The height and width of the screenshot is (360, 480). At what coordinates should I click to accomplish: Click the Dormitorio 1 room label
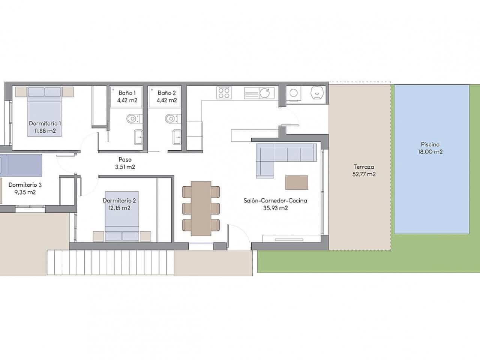[45, 123]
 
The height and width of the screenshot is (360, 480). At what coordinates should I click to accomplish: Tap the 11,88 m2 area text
[45, 131]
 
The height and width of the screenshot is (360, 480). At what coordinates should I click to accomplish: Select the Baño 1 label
[125, 93]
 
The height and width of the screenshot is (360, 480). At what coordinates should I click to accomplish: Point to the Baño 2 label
[167, 93]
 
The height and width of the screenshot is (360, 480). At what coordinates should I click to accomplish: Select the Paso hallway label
[125, 159]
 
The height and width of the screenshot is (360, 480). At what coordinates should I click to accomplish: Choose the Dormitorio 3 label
[25, 184]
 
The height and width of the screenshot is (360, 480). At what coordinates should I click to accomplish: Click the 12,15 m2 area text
[119, 208]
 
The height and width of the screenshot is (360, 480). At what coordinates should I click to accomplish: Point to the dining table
[201, 208]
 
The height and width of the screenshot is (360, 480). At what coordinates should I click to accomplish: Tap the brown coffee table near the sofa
[297, 183]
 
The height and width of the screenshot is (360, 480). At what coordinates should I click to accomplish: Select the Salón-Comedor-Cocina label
[275, 201]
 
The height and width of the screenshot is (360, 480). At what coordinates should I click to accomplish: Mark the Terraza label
[364, 167]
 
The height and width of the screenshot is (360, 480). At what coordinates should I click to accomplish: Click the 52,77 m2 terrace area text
[364, 174]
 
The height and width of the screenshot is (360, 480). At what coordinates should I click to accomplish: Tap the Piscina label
[430, 144]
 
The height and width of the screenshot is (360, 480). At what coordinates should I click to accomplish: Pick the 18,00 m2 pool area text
[430, 152]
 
